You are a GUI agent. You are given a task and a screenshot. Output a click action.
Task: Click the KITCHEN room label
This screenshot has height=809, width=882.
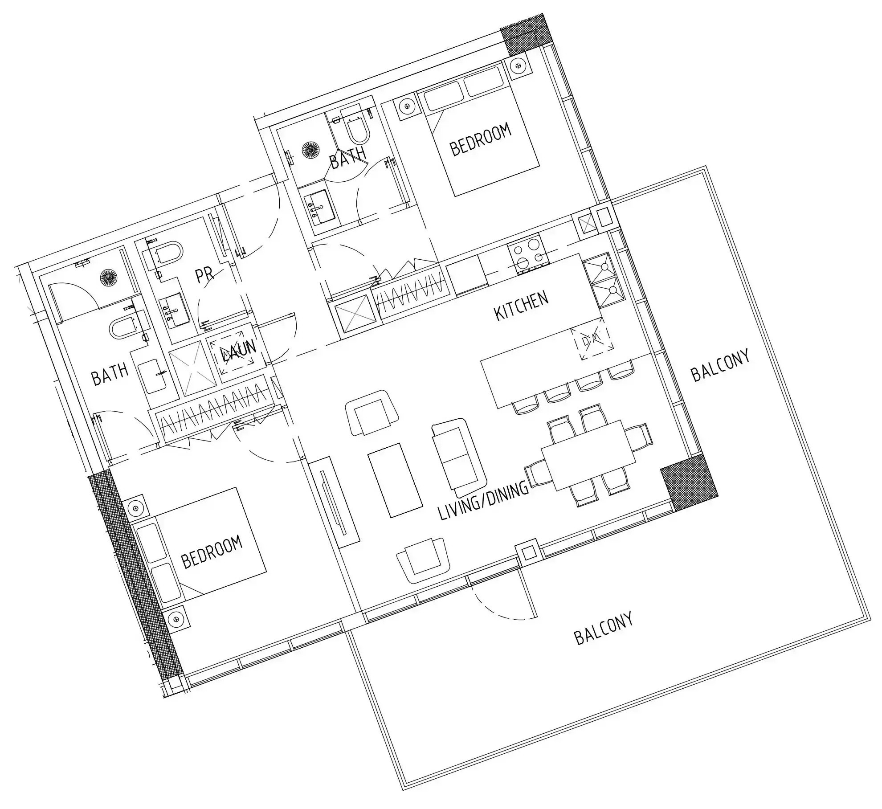coord(522,306)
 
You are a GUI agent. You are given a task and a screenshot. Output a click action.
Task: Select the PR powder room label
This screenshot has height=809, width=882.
coord(205,275)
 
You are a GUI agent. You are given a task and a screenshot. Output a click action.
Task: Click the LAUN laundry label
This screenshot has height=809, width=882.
coord(239,351)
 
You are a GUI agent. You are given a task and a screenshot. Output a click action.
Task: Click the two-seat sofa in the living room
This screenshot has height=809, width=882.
coord(459,457)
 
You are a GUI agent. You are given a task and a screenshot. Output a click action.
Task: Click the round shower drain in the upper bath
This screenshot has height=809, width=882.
coord(310,150)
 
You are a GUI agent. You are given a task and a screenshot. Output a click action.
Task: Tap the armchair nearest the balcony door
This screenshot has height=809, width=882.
coord(421,561)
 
